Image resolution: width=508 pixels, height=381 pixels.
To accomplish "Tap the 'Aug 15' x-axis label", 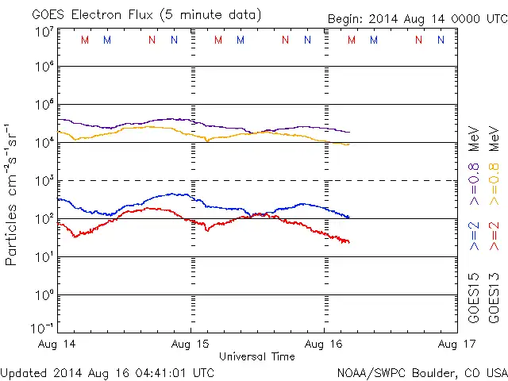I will tap(190, 344).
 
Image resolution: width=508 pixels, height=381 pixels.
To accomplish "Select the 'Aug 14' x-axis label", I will tap(56, 344).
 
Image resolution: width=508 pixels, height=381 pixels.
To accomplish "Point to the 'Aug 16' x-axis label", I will tap(324, 344).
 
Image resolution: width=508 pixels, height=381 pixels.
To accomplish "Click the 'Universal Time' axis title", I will tap(257, 356).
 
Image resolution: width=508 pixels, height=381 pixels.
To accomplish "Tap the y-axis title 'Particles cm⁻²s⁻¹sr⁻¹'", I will tap(13, 194).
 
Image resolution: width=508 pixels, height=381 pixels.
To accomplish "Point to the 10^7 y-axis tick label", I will tap(43, 32).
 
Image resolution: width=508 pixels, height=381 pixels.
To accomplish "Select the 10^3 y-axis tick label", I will tap(43, 182).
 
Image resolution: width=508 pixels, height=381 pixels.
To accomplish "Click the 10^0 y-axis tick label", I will tap(43, 295).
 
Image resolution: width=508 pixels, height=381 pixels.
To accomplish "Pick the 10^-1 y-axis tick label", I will tap(43, 328).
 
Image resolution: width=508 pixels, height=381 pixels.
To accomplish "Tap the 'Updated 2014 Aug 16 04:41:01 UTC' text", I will tap(107, 371).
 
